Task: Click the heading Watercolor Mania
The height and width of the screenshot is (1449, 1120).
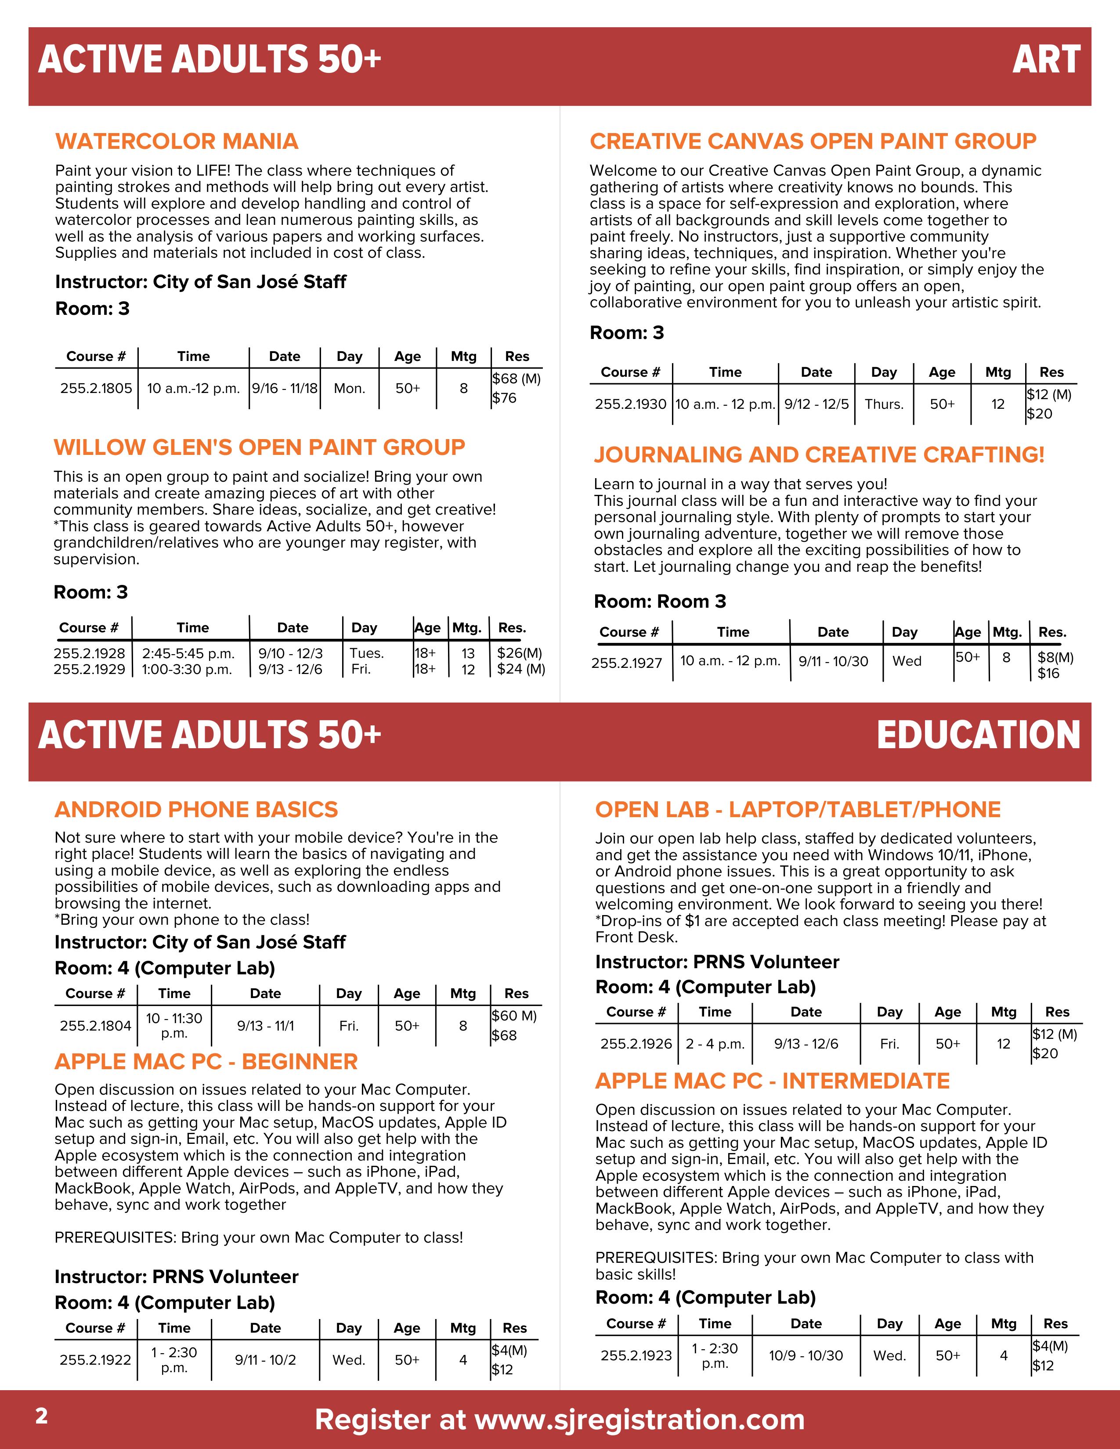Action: [177, 141]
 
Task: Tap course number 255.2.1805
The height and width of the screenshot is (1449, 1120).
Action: [96, 388]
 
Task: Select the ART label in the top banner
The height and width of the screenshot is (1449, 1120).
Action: [1046, 60]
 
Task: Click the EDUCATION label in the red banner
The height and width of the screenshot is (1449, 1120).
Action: [978, 735]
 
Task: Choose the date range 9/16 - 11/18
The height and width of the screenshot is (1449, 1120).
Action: [285, 388]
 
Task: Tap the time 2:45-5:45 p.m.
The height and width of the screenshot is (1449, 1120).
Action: [188, 653]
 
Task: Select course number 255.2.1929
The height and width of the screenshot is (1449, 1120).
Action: [90, 670]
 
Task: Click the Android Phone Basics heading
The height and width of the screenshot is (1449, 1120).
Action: [196, 809]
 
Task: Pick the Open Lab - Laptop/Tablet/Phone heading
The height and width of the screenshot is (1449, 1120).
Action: [798, 809]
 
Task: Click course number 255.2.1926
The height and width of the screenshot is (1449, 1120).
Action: [636, 1044]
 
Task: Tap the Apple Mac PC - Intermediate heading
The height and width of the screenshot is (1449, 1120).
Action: [772, 1081]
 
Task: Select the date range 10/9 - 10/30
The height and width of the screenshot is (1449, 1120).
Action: [806, 1355]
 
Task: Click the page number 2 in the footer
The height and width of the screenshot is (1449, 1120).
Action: [41, 1417]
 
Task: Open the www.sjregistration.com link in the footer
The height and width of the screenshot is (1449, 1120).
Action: [639, 1420]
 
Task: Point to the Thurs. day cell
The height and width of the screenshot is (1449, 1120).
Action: [884, 404]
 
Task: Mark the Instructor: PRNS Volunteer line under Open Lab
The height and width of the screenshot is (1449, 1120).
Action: [717, 962]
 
